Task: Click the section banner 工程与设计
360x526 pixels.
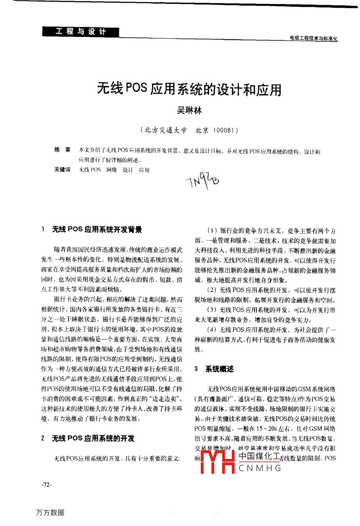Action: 80,31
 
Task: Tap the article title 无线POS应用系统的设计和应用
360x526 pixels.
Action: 189,89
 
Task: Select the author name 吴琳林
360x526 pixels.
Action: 190,111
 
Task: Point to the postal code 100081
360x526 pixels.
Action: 225,130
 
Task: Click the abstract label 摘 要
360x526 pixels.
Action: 62,150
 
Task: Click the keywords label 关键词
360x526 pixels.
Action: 62,170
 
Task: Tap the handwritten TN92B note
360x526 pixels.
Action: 202,182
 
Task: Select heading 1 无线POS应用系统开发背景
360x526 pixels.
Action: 97,230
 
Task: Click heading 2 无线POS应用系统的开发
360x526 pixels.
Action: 93,438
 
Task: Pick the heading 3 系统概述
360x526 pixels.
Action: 219,369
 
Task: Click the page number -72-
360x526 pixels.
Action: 46,485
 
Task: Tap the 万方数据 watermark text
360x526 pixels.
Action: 50,512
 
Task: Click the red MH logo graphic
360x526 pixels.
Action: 217,462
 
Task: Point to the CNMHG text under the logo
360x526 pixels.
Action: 260,468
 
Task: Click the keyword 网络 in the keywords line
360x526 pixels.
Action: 112,170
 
